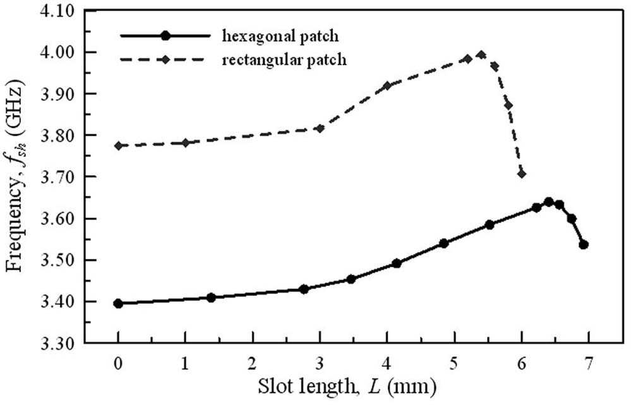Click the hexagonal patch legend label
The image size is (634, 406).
point(280,36)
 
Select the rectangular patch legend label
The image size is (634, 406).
point(284,59)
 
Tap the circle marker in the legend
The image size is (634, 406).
point(165,35)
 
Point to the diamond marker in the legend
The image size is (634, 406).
point(165,59)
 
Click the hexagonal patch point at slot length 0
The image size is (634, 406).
point(118,304)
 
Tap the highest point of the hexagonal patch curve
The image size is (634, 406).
point(549,202)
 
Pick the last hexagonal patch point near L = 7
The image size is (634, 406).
point(583,245)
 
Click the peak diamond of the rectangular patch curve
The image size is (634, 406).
point(481,54)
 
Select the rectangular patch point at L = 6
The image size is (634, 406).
point(522,174)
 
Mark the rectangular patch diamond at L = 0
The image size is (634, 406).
point(118,145)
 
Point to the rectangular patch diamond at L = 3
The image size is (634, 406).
point(320,129)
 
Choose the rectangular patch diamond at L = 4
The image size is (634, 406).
point(387,86)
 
